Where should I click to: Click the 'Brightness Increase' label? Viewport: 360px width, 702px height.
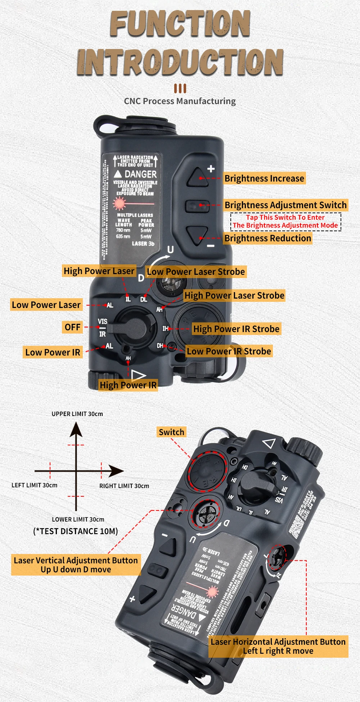(x=264, y=179)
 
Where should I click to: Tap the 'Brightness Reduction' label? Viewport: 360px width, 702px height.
(x=267, y=238)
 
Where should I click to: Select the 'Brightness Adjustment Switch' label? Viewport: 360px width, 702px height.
(x=285, y=205)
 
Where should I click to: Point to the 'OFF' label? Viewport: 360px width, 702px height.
(x=72, y=327)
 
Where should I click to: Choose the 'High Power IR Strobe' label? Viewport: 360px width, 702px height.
(x=236, y=329)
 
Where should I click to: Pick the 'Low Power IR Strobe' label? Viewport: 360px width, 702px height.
(x=229, y=352)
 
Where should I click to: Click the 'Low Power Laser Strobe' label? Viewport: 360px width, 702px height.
(x=196, y=272)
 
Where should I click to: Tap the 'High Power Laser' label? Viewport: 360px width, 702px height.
(x=99, y=271)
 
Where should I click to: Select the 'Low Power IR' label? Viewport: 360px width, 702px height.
(x=53, y=353)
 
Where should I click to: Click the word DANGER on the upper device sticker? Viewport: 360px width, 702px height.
(x=140, y=174)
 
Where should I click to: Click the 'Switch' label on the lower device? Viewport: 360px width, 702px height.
(x=171, y=432)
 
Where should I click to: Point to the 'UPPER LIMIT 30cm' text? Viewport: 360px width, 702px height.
(x=77, y=414)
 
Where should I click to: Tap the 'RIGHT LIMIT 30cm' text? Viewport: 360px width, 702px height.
(x=124, y=486)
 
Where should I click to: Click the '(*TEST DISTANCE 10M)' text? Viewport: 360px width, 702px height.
(x=76, y=532)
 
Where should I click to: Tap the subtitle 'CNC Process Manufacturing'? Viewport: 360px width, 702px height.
(x=180, y=101)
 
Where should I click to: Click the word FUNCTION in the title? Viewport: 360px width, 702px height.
(x=180, y=24)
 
